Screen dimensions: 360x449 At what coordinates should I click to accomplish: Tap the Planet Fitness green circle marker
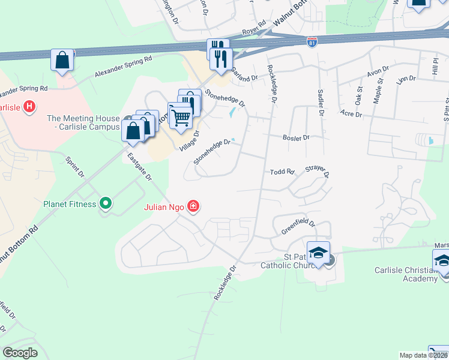tap(106, 204)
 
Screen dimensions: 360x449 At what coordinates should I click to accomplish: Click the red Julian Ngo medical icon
tap(193, 207)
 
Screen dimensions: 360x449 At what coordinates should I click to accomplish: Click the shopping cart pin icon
tap(180, 115)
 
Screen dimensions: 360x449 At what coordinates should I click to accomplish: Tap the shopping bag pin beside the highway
tap(62, 61)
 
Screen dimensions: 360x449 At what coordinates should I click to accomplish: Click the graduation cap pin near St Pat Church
tap(319, 252)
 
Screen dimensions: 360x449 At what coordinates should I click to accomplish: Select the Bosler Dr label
tap(296, 137)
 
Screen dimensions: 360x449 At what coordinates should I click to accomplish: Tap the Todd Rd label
tap(282, 172)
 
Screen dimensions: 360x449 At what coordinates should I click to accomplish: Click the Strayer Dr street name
tap(318, 172)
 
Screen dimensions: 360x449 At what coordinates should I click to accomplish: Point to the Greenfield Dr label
tap(298, 226)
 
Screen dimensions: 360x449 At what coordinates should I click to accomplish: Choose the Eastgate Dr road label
tap(140, 166)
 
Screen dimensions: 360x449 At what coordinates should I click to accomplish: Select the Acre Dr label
tap(348, 113)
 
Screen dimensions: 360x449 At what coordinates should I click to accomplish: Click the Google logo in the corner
tap(20, 353)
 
